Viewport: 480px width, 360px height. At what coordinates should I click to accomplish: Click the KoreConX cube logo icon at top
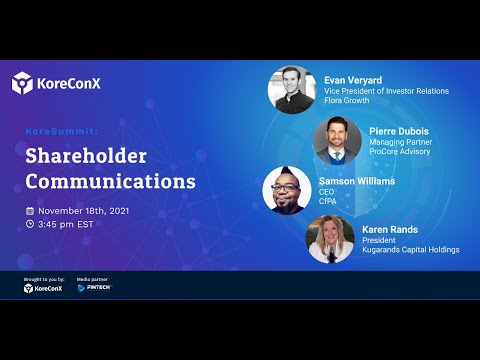pos(23,83)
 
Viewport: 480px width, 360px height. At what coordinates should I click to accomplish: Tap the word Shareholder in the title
pos(86,156)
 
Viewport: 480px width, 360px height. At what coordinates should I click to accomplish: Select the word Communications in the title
pos(110,182)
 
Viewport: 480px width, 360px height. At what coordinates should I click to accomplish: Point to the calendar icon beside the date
pos(30,211)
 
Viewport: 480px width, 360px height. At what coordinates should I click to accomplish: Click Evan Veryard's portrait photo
pos(291,90)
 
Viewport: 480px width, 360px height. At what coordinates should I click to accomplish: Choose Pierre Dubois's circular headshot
pos(336,140)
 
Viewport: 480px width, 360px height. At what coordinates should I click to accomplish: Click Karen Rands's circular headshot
pos(330,239)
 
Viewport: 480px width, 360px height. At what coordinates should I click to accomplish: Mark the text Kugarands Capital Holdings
pos(411,249)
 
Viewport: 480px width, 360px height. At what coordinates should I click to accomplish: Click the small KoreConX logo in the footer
pos(43,288)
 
